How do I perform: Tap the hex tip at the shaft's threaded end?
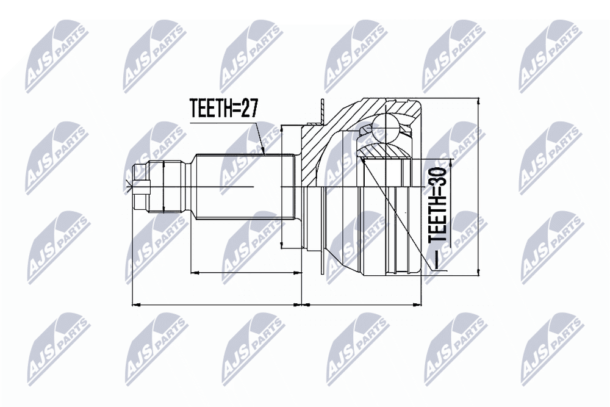tap(141, 187)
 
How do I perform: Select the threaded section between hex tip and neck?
tap(166, 187)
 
